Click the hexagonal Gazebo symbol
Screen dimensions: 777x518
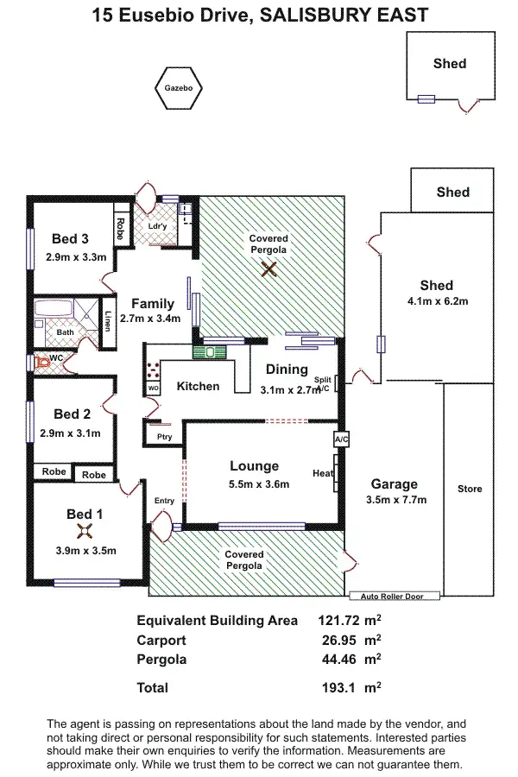point(179,88)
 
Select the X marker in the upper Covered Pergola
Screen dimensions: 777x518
point(269,269)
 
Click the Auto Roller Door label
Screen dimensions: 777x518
point(395,596)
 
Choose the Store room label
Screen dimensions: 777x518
point(470,489)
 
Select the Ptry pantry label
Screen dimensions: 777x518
point(164,437)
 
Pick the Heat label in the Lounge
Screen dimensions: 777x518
point(323,473)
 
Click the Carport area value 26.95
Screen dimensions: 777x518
point(338,641)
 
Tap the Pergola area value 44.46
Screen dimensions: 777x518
point(338,660)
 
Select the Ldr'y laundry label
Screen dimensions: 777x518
point(157,227)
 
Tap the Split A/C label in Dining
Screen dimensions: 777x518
point(323,384)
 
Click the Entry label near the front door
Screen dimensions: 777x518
point(164,501)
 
